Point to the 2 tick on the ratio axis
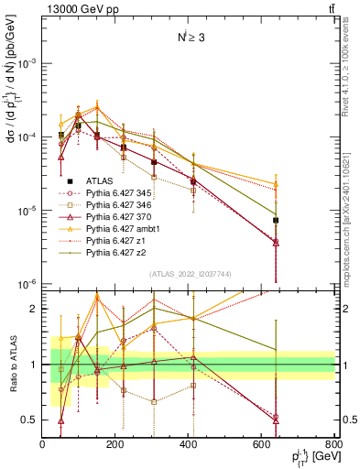pyautogui.click(x=35, y=309)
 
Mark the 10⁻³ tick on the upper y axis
pyautogui.click(x=27, y=63)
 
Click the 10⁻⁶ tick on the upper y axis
pyautogui.click(x=27, y=284)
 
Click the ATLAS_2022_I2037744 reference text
pyautogui.click(x=189, y=275)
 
